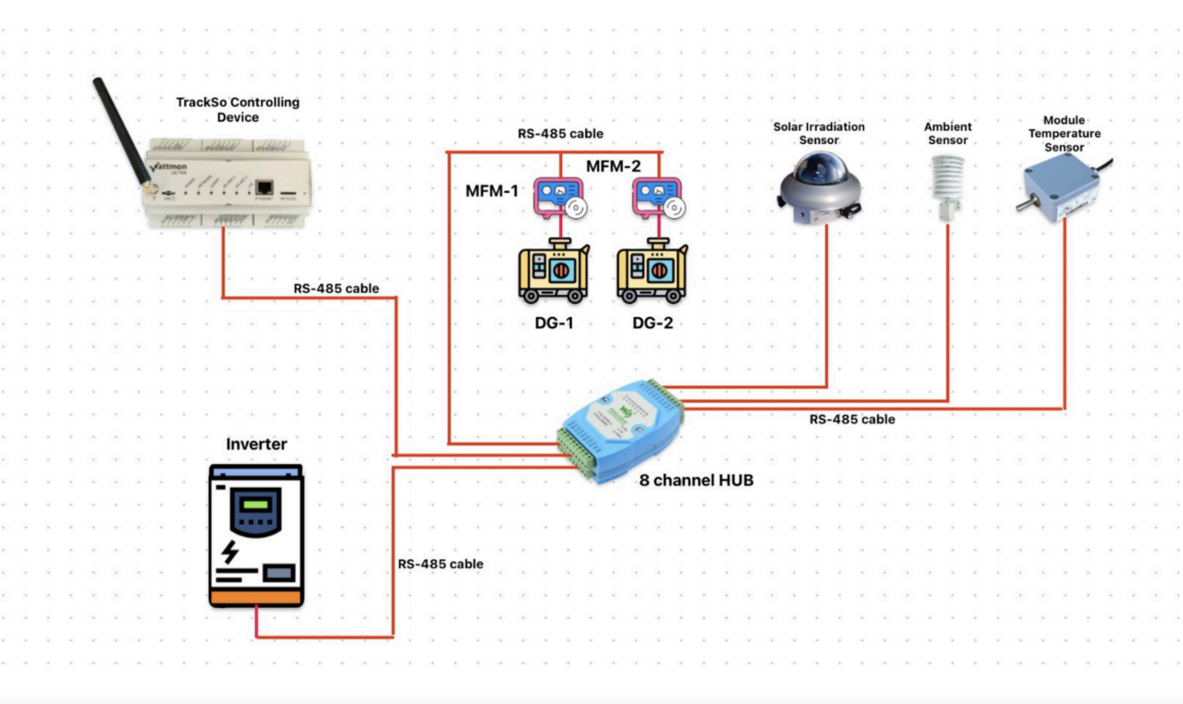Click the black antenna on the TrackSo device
120,129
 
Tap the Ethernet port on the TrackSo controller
265,186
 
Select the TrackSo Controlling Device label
238,110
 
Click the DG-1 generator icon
554,271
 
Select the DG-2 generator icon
652,271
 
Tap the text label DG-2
652,323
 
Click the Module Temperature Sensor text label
1064,134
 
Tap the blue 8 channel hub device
619,430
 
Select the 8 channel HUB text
696,479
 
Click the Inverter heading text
256,445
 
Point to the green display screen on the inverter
255,504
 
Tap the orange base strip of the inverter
256,599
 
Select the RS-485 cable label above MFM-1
560,134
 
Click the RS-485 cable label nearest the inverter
440,564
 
